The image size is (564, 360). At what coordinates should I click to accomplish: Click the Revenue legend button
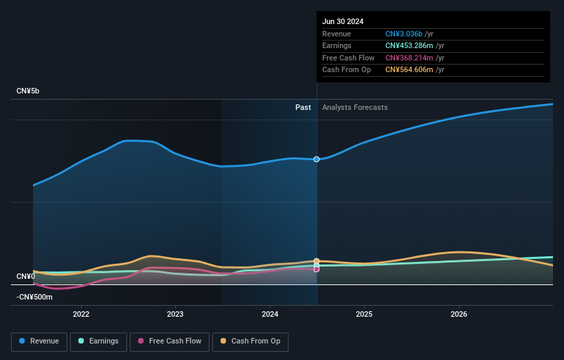(40, 341)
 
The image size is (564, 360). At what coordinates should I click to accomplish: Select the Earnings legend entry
(99, 341)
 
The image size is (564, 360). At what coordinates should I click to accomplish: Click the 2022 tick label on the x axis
(81, 314)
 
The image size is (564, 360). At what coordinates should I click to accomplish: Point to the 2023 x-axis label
(175, 314)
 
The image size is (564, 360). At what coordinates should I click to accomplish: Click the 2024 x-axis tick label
(270, 314)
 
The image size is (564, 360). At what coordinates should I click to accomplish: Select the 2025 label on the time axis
(364, 314)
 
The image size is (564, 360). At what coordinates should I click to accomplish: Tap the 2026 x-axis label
(459, 314)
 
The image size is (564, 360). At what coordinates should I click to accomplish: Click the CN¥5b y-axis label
(28, 91)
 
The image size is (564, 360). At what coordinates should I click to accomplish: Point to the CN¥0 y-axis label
(25, 276)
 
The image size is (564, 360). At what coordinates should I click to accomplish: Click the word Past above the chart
(303, 107)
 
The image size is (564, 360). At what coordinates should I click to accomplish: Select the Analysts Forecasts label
(354, 107)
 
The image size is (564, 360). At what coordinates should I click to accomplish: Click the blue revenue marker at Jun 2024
(317, 159)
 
